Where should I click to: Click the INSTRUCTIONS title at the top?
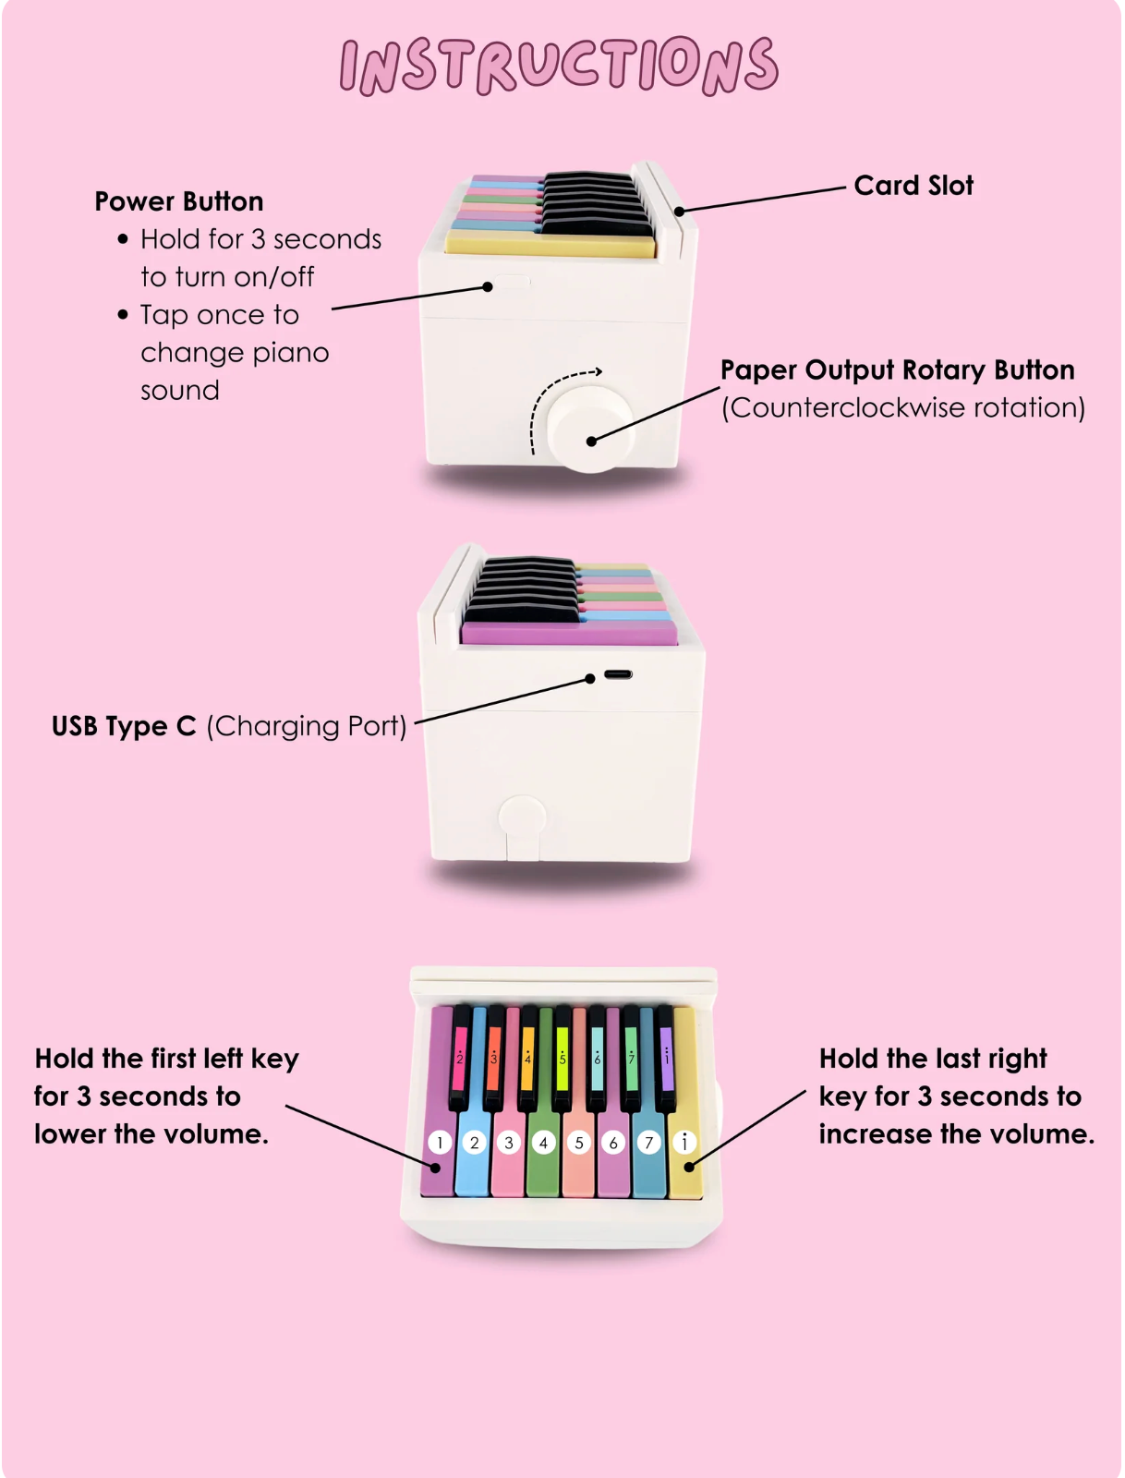tap(559, 66)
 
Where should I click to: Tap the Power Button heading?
tap(178, 201)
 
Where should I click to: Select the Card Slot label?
tap(913, 185)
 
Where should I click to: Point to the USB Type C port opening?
tap(617, 674)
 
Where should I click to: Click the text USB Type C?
tap(124, 726)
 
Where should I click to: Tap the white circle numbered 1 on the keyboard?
tap(440, 1142)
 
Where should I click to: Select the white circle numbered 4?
tap(543, 1142)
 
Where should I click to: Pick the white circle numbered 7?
tap(648, 1142)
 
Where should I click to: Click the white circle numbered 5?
tap(578, 1142)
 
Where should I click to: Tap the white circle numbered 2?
tap(474, 1142)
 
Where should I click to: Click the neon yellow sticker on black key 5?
tap(562, 1058)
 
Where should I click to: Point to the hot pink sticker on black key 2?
tap(459, 1058)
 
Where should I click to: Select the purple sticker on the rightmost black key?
tap(666, 1058)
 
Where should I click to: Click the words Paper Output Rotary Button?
tap(898, 369)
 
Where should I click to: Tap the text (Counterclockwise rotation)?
tap(902, 407)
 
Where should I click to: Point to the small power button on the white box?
tap(512, 282)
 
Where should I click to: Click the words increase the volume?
tap(957, 1134)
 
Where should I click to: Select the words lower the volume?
tap(151, 1134)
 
